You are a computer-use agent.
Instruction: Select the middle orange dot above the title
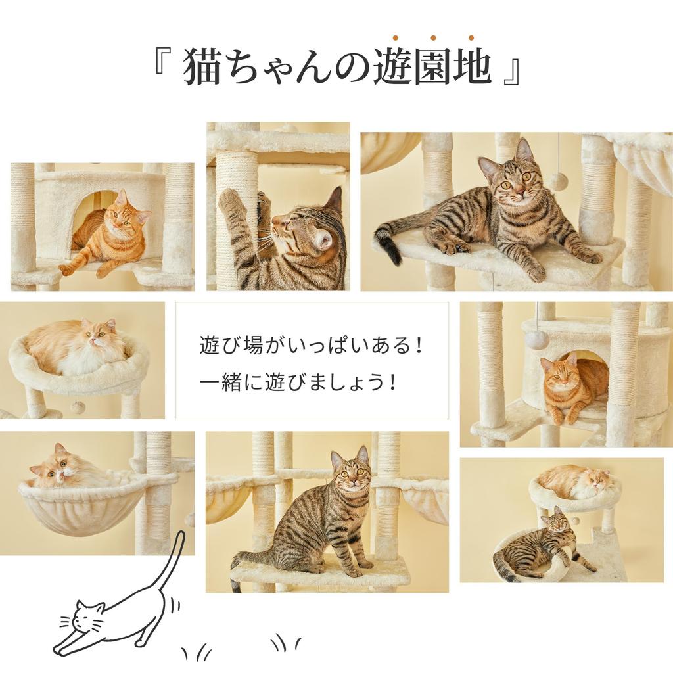click(x=434, y=38)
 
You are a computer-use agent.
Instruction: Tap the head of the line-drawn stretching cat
click(x=87, y=618)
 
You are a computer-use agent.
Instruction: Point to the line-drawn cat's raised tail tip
click(x=181, y=536)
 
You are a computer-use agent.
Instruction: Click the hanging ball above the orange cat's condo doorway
click(x=536, y=340)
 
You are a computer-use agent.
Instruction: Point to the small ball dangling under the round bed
click(x=78, y=407)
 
